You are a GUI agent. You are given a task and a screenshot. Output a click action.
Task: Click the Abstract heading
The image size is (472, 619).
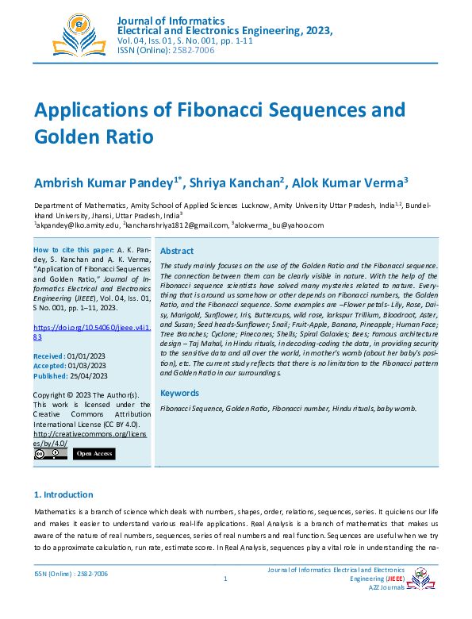(x=176, y=250)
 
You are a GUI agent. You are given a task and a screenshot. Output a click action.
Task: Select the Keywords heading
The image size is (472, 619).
(x=179, y=393)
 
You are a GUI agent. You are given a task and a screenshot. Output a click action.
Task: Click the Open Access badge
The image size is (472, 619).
(x=94, y=454)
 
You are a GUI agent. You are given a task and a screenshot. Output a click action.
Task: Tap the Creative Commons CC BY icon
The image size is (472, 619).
(x=50, y=454)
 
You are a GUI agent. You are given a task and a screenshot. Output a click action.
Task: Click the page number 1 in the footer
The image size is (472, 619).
(x=226, y=579)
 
